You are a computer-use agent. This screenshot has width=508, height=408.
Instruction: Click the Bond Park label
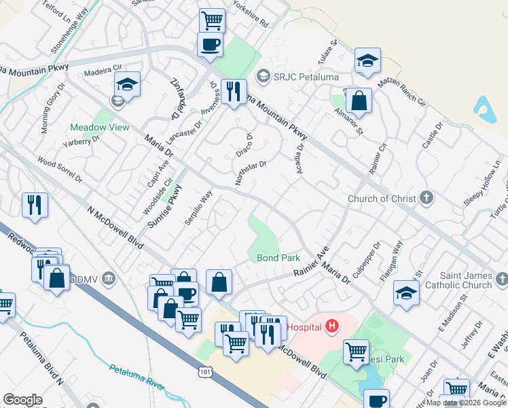point(278,258)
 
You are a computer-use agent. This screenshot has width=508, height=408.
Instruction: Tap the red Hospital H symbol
point(331,327)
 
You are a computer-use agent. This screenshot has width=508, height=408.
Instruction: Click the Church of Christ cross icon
point(426,199)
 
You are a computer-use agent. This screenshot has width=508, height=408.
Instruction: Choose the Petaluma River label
point(137,377)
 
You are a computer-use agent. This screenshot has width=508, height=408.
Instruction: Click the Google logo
point(22,400)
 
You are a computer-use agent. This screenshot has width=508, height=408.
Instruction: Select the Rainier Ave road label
point(311,261)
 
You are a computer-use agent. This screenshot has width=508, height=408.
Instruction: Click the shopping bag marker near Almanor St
point(359,101)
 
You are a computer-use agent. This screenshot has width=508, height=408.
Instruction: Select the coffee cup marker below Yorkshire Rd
point(209,45)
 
